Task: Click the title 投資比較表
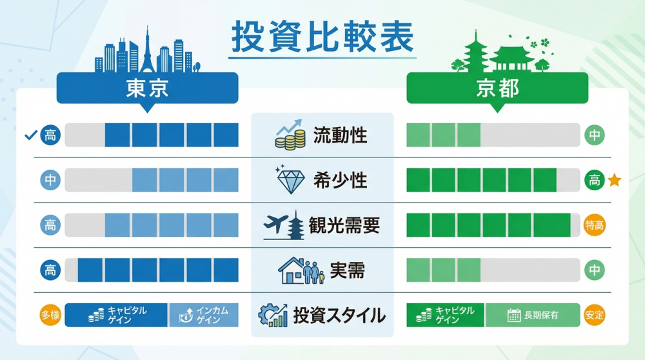pos(322,38)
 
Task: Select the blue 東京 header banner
pos(147,88)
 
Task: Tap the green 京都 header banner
pos(497,88)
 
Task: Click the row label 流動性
pos(340,135)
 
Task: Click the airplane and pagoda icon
pos(284,225)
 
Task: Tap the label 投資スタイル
pos(339,315)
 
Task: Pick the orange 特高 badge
pos(594,225)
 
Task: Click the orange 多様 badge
pos(50,315)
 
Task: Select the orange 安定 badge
pos(594,315)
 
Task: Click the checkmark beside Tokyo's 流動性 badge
pos(29,135)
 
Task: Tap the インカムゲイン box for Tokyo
pos(204,315)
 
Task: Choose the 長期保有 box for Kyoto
pos(533,315)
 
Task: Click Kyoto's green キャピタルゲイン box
pos(446,315)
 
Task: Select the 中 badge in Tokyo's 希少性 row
pos(50,180)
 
